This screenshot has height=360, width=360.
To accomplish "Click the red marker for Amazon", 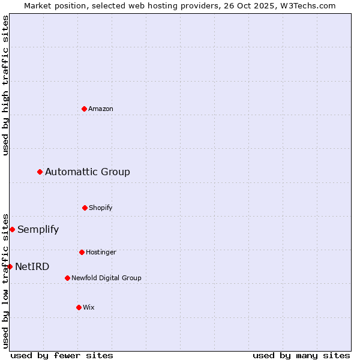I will click(85, 109).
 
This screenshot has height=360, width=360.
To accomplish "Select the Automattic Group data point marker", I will click(40, 172).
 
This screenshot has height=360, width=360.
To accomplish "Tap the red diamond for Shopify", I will click(85, 208).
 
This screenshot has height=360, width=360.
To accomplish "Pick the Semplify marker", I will click(12, 229).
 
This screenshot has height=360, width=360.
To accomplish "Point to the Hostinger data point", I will click(82, 252).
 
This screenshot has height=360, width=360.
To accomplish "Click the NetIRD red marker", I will click(10, 266).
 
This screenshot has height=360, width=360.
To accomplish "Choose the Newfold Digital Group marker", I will click(67, 278).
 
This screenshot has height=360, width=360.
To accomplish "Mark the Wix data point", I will click(79, 307).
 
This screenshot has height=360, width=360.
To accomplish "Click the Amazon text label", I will click(101, 109).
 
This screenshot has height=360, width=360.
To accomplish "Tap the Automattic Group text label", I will click(88, 172).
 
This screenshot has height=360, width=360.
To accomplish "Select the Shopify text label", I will click(101, 208).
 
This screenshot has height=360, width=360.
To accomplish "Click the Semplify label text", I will click(38, 229).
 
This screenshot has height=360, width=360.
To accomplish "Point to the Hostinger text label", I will click(101, 252).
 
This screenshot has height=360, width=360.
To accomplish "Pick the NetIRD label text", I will click(32, 266).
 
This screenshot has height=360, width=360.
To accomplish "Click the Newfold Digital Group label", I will click(106, 278).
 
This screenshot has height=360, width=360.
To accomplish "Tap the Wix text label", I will click(89, 307).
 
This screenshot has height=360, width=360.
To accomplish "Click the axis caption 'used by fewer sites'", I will click(62, 355).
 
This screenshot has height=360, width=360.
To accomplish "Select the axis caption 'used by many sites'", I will click(301, 355).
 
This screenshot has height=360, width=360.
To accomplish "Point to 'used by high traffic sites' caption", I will click(5, 85).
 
